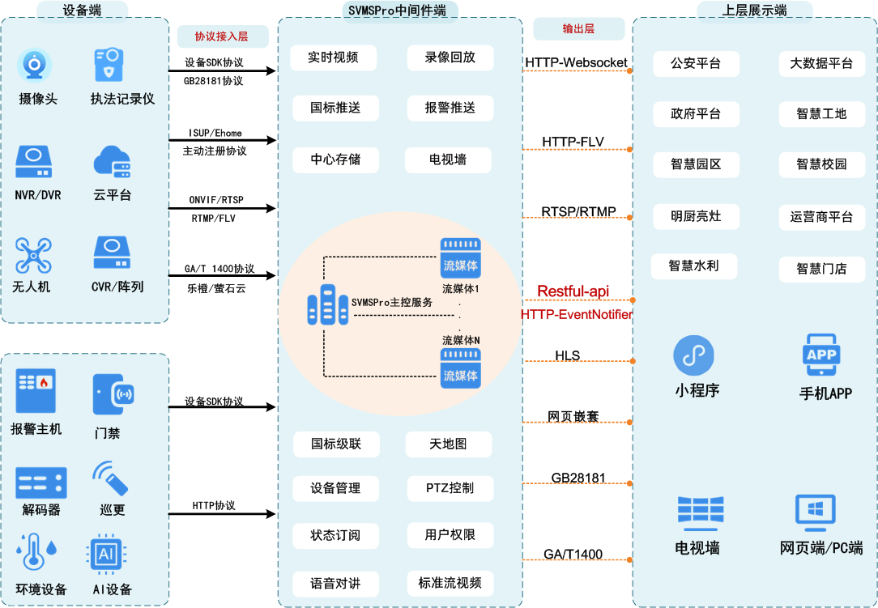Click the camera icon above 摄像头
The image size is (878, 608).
click(35, 66)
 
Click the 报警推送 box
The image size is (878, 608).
click(450, 108)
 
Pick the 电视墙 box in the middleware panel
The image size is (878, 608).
click(448, 159)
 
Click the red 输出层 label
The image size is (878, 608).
click(578, 29)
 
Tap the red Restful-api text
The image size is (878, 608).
click(573, 291)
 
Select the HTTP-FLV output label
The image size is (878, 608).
click(573, 142)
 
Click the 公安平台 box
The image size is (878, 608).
click(696, 63)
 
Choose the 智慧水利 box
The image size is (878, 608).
click(693, 266)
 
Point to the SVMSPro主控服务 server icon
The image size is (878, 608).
click(326, 304)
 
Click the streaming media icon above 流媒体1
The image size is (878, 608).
click(461, 257)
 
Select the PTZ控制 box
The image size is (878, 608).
click(450, 488)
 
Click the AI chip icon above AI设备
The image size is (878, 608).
click(105, 555)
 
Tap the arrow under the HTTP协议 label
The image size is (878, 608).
click(223, 514)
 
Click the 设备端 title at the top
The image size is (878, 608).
click(83, 11)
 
